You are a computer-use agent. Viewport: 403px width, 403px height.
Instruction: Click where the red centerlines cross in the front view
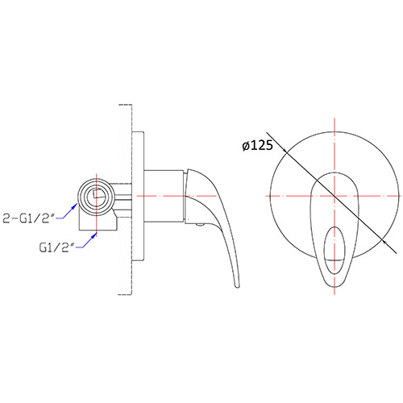pos(331,194)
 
